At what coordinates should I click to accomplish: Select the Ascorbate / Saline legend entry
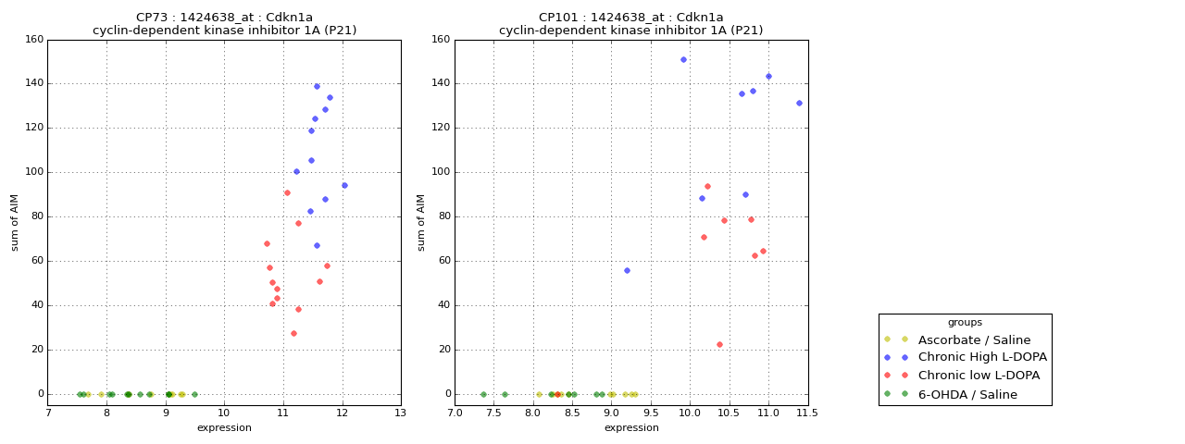[x=974, y=339]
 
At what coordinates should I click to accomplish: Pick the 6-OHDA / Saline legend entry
[x=967, y=394]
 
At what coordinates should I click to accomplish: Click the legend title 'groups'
[x=965, y=322]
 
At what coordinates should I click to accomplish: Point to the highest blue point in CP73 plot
[x=317, y=87]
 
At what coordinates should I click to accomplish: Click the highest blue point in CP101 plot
[x=683, y=60]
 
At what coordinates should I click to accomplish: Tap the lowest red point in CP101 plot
[x=719, y=345]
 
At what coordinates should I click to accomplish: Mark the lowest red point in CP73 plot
[x=293, y=334]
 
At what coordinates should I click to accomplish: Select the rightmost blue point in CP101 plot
[x=799, y=104]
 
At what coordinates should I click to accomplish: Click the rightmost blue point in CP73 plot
[x=344, y=185]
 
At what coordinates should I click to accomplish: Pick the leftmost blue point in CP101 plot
[x=627, y=270]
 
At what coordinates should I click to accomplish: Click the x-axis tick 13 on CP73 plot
[x=400, y=413]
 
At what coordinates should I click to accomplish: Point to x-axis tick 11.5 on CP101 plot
[x=807, y=413]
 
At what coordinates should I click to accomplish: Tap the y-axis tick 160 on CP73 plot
[x=34, y=40]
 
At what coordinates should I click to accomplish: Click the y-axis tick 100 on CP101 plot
[x=441, y=172]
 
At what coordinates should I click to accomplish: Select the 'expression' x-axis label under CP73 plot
[x=224, y=428]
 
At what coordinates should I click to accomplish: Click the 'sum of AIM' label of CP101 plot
[x=421, y=222]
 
